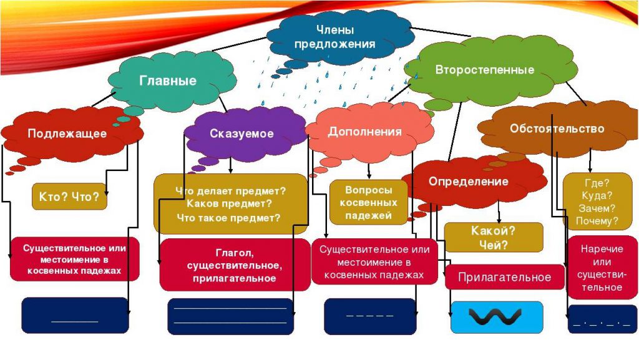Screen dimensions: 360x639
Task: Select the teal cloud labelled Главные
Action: [167, 80]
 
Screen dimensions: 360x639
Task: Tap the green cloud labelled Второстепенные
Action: [484, 70]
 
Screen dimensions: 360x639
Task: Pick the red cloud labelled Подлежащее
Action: [67, 134]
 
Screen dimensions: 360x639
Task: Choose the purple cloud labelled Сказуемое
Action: [241, 134]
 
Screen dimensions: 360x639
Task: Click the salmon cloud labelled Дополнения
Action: [364, 132]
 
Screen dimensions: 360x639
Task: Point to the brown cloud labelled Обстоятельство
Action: [557, 129]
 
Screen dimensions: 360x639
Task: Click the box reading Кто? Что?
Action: [69, 196]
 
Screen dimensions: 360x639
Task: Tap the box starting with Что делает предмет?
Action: [230, 204]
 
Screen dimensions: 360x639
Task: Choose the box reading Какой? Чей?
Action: [493, 238]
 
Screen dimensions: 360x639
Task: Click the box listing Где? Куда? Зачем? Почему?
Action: [597, 202]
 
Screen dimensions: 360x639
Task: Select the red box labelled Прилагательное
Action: [504, 277]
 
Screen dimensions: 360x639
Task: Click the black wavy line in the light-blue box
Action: [496, 318]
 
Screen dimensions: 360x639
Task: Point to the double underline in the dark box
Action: [230, 315]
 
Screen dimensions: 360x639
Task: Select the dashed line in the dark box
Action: [369, 316]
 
